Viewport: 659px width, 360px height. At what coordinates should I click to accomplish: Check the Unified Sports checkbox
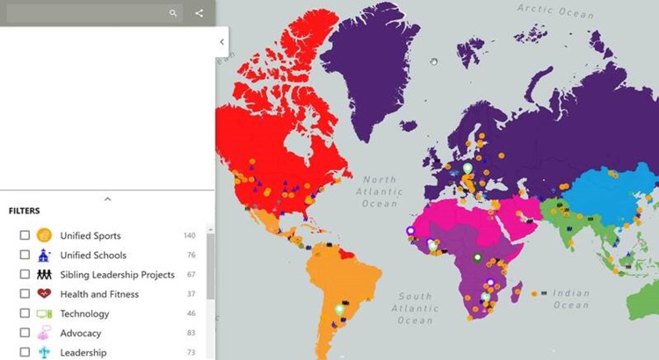(25, 235)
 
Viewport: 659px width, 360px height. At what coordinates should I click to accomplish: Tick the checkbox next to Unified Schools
(25, 256)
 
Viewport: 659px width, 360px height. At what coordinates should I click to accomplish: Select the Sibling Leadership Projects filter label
(117, 275)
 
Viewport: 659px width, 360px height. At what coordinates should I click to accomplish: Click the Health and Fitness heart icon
(44, 294)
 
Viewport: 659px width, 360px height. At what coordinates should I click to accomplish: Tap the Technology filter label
(84, 313)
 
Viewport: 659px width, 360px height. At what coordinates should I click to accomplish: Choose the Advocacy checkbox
(25, 333)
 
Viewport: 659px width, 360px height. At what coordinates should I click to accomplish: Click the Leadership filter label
(83, 352)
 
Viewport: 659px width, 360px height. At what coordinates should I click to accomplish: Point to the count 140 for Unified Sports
(189, 235)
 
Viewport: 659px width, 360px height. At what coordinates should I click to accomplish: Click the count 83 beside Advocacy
(192, 333)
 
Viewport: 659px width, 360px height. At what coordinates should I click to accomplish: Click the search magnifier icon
(173, 13)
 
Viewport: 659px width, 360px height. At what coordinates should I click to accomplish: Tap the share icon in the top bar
(199, 13)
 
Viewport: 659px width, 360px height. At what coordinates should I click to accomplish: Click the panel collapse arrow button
(221, 41)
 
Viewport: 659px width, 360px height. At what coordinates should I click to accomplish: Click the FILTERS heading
(25, 212)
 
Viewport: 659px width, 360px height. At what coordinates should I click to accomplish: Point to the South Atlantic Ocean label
(415, 308)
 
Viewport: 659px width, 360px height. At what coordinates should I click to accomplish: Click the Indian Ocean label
(571, 299)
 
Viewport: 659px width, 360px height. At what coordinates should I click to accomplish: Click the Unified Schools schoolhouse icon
(44, 256)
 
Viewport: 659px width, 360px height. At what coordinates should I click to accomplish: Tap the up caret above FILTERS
(107, 199)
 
